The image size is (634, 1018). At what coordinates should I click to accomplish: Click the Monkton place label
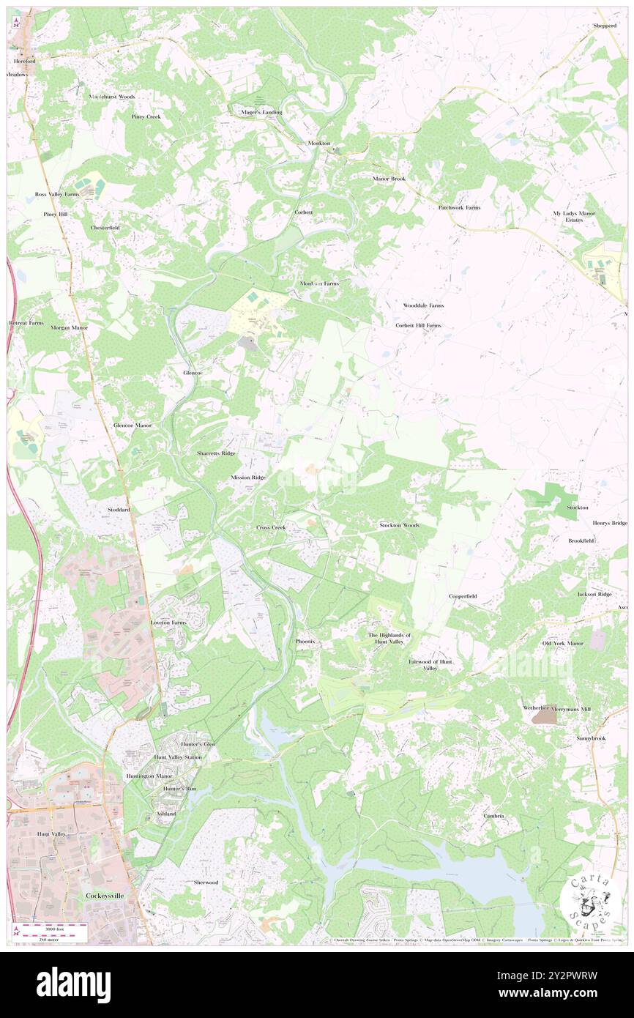pyautogui.click(x=319, y=143)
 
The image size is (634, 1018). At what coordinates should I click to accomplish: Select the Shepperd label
pyautogui.click(x=605, y=26)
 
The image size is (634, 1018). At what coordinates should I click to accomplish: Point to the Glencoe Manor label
pyautogui.click(x=133, y=425)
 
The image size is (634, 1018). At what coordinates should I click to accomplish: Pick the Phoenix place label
pyautogui.click(x=305, y=641)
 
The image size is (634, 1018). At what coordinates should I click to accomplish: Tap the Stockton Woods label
pyautogui.click(x=399, y=525)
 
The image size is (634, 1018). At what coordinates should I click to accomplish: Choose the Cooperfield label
pyautogui.click(x=463, y=596)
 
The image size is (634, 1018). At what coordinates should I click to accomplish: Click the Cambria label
pyautogui.click(x=493, y=815)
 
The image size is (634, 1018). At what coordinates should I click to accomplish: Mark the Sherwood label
pyautogui.click(x=206, y=883)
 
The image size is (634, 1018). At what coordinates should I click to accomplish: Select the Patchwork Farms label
pyautogui.click(x=459, y=207)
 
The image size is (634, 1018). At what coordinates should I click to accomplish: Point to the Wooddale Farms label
pyautogui.click(x=423, y=305)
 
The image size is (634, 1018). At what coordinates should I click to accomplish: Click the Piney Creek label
pyautogui.click(x=146, y=116)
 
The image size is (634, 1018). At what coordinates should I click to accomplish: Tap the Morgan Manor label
pyautogui.click(x=70, y=327)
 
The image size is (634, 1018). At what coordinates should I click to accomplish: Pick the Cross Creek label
pyautogui.click(x=271, y=527)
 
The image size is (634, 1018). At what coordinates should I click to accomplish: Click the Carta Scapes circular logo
pyautogui.click(x=590, y=904)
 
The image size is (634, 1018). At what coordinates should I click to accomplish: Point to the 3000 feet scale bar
pyautogui.click(x=48, y=927)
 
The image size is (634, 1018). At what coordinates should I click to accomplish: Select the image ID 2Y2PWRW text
pyautogui.click(x=567, y=976)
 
